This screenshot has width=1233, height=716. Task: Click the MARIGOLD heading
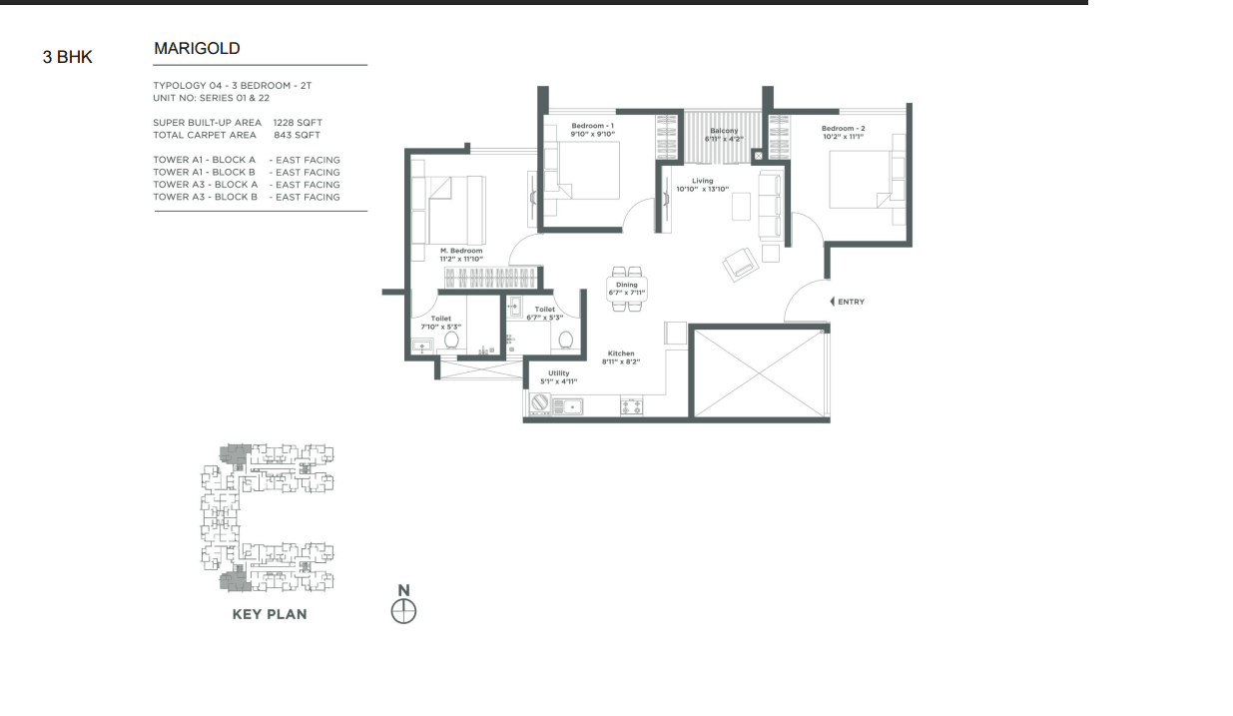tap(197, 49)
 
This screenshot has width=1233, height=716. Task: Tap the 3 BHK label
tap(67, 57)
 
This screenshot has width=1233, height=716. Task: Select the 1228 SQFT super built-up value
tap(298, 122)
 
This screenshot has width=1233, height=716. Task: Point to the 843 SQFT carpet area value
tap(297, 135)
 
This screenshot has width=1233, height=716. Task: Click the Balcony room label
tap(724, 131)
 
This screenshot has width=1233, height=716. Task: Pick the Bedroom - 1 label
tap(592, 126)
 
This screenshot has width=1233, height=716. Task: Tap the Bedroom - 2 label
tap(844, 129)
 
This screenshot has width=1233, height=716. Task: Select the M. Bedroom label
tap(461, 251)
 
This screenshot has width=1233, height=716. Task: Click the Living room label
tap(703, 181)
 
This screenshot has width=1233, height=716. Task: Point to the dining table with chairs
tap(627, 289)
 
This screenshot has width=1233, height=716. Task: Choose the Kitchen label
tap(621, 354)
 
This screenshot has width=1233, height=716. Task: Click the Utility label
tap(559, 372)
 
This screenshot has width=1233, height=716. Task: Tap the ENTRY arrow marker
tap(833, 302)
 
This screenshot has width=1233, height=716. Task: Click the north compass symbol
tap(403, 612)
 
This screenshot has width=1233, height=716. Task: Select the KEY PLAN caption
tap(270, 615)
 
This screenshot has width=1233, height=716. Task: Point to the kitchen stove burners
tap(631, 406)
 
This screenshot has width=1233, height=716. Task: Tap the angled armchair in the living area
tap(741, 265)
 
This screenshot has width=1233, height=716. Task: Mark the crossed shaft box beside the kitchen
tap(760, 373)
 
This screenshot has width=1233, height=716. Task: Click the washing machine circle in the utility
tap(540, 403)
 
